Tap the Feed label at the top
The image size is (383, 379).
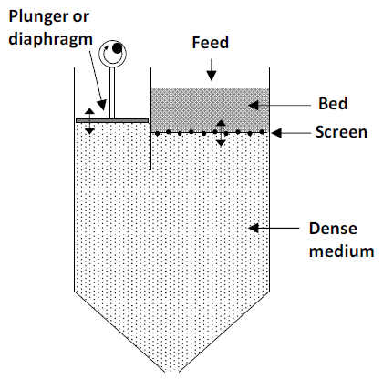(x=210, y=43)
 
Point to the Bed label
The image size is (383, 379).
(x=329, y=102)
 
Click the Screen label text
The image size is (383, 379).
(x=340, y=133)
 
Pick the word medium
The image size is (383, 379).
(x=340, y=251)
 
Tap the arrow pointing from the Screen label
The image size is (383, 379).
(x=289, y=133)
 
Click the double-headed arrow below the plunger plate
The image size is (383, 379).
(x=89, y=128)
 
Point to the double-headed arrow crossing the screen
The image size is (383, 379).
(x=220, y=132)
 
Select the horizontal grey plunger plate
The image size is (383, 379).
(x=112, y=118)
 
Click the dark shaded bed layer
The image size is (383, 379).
(x=210, y=108)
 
